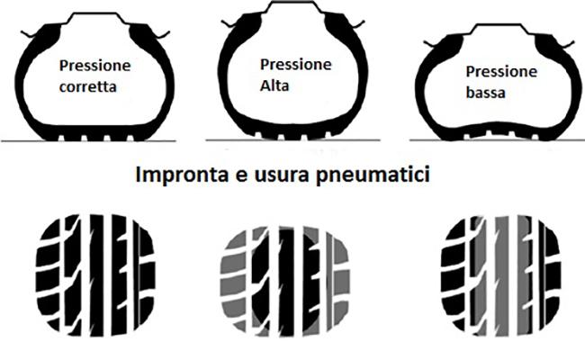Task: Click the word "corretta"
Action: click(x=87, y=87)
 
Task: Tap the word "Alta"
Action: click(x=274, y=85)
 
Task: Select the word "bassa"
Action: click(x=485, y=93)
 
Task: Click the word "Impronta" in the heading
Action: click(x=182, y=175)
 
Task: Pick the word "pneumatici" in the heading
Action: click(x=373, y=175)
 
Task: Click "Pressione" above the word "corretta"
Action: click(x=94, y=66)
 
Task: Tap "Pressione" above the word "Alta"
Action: click(x=295, y=65)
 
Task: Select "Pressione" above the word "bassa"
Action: click(x=501, y=71)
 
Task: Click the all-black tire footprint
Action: click(x=95, y=274)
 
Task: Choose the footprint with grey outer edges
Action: click(x=285, y=281)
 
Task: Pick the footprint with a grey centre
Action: click(x=500, y=275)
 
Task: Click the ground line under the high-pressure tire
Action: click(x=292, y=140)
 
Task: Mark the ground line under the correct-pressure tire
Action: click(x=88, y=141)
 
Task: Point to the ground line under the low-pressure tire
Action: click(x=497, y=140)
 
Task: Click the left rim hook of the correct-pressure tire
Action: click(x=29, y=35)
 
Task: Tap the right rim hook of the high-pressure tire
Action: click(x=357, y=24)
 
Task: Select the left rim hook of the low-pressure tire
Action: click(x=430, y=43)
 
